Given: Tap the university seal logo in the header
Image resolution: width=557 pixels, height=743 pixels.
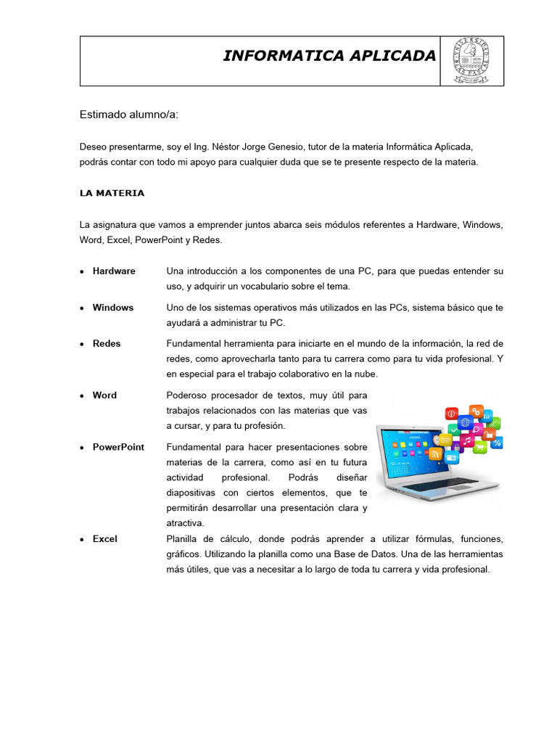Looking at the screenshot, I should tap(471, 60).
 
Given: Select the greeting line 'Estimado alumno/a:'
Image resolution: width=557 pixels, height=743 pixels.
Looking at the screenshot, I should tap(128, 115).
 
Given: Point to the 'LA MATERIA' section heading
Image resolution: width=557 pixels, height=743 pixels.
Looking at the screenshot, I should tap(112, 193).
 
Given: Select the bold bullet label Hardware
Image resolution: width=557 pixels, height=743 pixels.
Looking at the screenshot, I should tap(114, 271).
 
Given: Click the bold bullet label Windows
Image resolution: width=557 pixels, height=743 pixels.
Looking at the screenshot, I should tap(113, 307).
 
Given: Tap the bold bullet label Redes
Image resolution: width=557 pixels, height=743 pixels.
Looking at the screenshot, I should tap(107, 343).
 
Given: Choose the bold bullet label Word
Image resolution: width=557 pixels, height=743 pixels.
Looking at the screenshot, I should tap(104, 395).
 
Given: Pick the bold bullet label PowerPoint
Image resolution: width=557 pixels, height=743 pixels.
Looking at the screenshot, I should tap(118, 447).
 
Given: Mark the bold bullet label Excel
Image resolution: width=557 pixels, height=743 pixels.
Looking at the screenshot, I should tap(104, 538).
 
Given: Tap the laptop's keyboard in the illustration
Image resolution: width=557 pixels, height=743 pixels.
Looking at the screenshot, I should tap(442, 483).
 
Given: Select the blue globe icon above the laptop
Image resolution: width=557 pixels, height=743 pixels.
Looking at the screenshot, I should tap(466, 422).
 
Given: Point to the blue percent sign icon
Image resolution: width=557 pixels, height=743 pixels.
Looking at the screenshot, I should tap(497, 443).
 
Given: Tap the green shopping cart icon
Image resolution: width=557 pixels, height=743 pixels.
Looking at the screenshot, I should tap(479, 448).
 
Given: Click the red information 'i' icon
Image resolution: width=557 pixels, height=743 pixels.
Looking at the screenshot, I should tap(450, 414).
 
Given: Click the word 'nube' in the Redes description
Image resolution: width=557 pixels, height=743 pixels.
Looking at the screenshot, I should tap(367, 374).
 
